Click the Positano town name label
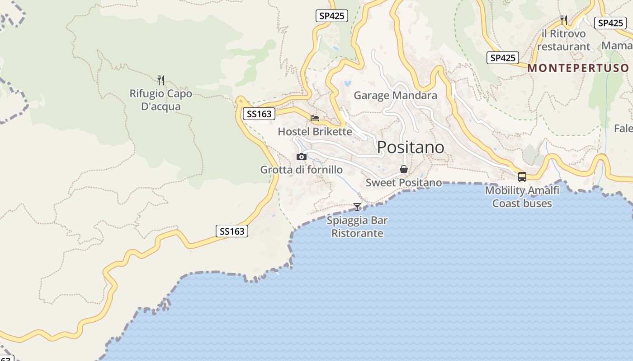(411, 148)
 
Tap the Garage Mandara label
(395, 96)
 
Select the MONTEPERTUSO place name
(578, 68)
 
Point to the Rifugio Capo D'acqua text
(161, 100)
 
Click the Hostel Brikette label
(315, 132)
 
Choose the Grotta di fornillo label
(301, 170)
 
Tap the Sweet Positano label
(403, 183)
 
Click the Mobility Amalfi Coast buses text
(522, 197)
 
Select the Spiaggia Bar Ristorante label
(357, 227)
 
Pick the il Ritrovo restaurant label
(563, 40)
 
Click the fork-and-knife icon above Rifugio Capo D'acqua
(161, 80)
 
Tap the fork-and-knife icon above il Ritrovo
(563, 20)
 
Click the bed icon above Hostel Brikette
(315, 118)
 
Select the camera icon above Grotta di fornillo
(302, 157)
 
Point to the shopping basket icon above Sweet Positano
(404, 170)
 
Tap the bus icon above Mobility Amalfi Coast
(522, 177)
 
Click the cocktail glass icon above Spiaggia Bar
(357, 207)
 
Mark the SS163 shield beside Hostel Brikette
(260, 114)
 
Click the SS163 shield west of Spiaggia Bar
(232, 231)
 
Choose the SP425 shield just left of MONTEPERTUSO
(503, 58)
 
